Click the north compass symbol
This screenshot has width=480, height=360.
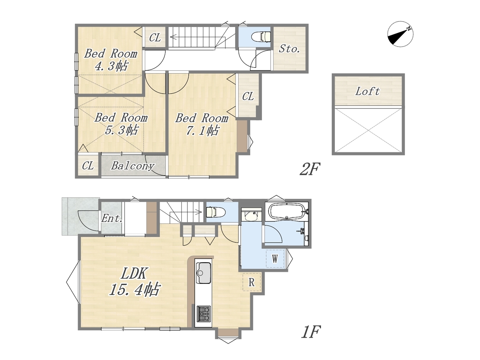click(x=400, y=34)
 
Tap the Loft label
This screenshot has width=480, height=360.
click(x=367, y=91)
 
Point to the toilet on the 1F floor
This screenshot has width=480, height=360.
click(x=216, y=212)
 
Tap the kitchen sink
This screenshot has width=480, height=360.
click(x=204, y=273)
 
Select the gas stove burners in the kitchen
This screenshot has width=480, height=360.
click(x=204, y=313)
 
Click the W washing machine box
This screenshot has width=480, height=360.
click(x=275, y=259)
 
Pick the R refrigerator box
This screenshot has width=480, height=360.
click(x=252, y=282)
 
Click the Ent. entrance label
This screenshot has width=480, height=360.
click(x=111, y=218)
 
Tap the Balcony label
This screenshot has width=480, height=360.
click(x=132, y=166)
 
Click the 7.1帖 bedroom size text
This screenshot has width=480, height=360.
click(x=202, y=130)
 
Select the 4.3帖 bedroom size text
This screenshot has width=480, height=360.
click(x=111, y=66)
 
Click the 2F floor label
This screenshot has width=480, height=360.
click(x=310, y=169)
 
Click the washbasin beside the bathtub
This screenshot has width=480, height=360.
click(x=252, y=215)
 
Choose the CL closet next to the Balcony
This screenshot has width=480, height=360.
click(x=88, y=165)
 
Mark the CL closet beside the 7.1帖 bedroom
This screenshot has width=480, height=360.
click(x=248, y=96)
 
